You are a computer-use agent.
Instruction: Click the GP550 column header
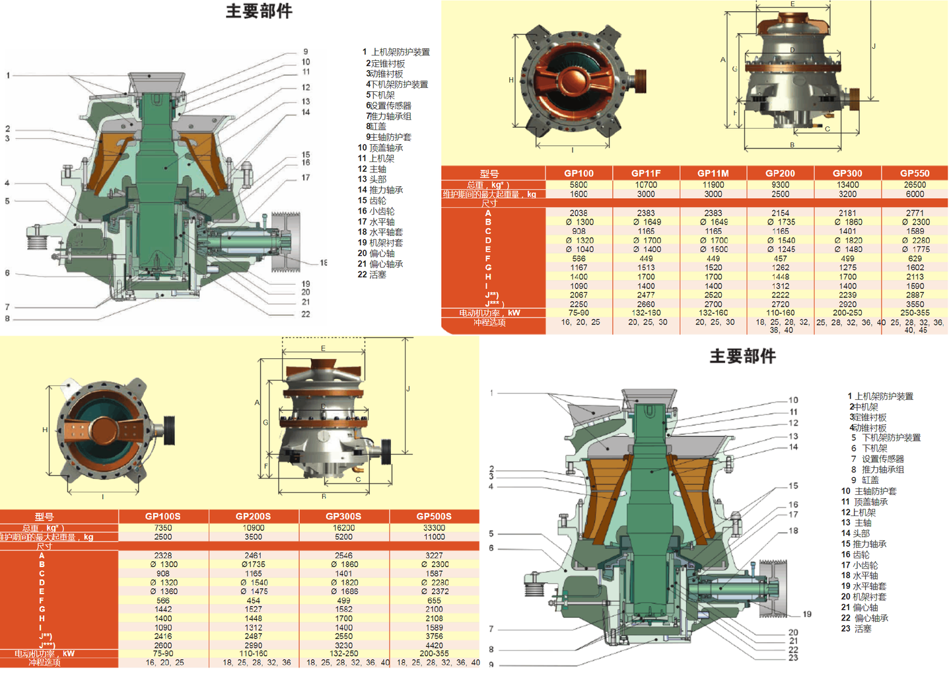coord(914,173)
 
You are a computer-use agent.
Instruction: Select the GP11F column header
coord(646,173)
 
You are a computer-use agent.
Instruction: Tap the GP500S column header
coord(434,516)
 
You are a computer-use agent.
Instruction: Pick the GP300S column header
coord(343,516)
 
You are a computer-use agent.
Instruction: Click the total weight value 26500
coord(915,185)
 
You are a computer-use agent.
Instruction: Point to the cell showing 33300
coord(434,528)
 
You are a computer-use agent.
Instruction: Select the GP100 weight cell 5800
coord(579,185)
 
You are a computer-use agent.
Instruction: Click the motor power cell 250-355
coord(915,313)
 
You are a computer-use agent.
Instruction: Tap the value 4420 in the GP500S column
coord(434,645)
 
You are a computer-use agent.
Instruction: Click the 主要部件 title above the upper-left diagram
coord(259,11)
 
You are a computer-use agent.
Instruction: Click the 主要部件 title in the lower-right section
coord(742,356)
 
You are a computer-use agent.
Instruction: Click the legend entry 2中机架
coord(863,407)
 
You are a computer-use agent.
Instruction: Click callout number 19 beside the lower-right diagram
coord(807,614)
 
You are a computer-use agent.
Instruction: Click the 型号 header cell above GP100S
coord(44,516)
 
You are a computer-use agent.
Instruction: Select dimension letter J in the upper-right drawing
coord(874,46)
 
